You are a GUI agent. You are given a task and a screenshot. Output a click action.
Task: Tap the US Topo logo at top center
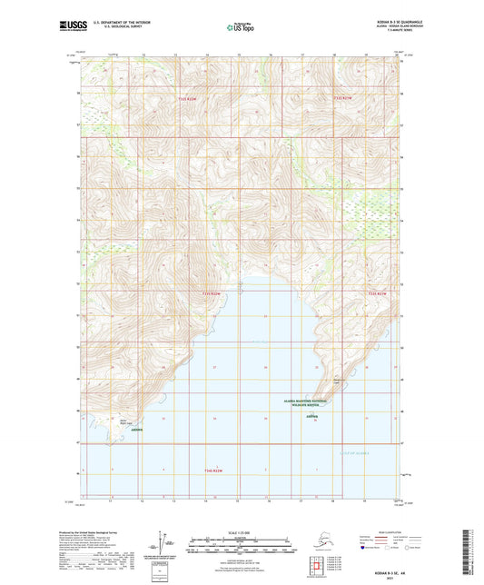pyautogui.click(x=241, y=28)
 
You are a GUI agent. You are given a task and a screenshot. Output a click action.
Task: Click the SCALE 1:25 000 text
pyautogui.click(x=241, y=533)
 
